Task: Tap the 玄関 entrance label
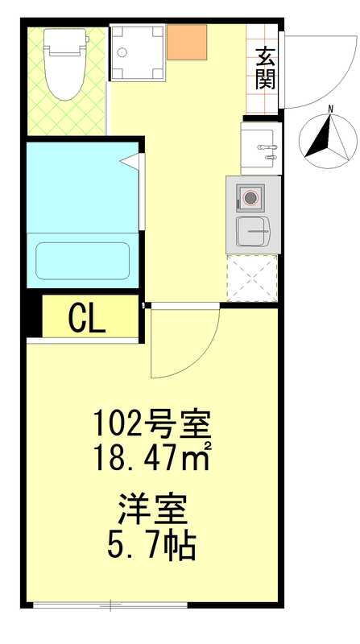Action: point(265,68)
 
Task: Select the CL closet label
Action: point(87,319)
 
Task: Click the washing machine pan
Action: point(138,52)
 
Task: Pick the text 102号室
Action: point(152,422)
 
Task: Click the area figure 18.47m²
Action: point(152,460)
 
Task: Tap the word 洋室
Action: point(152,510)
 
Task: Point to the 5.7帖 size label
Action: point(152,547)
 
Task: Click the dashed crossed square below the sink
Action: point(252,277)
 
